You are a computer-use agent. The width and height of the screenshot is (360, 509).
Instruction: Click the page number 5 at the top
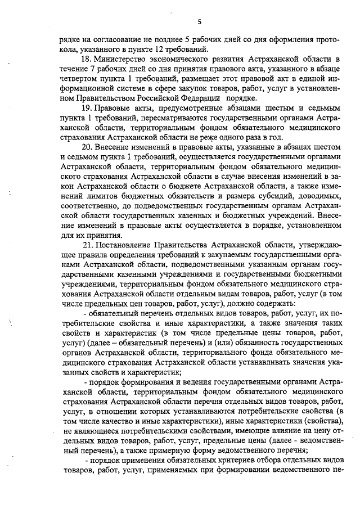[x=199, y=22]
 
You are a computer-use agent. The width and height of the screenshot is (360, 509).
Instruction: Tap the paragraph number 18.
[x=87, y=58]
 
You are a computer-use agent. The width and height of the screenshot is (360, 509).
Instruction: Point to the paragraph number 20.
[x=87, y=147]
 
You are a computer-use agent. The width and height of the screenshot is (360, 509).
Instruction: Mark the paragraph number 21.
[x=87, y=245]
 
